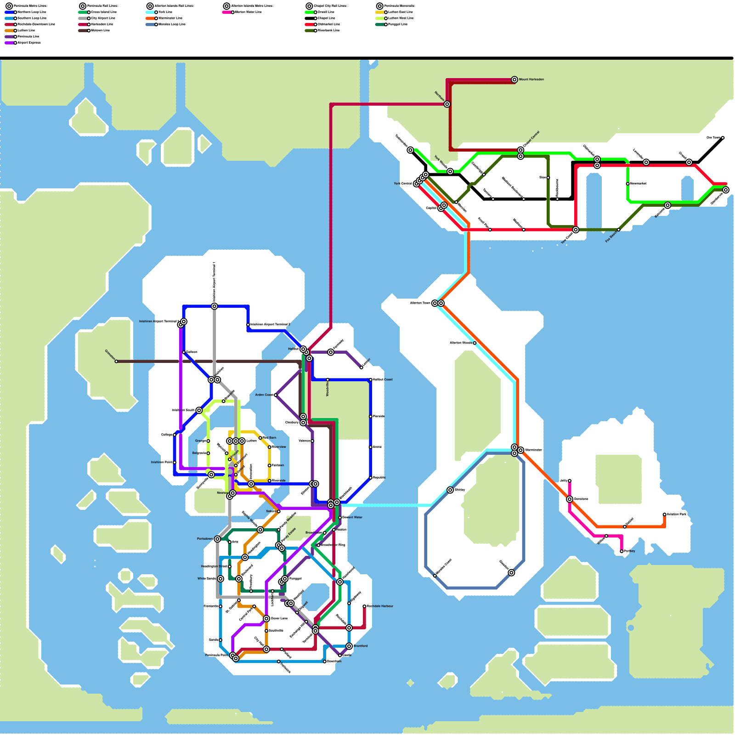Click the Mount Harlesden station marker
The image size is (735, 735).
(514, 79)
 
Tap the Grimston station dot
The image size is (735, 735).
(116, 362)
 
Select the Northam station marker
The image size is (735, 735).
(447, 104)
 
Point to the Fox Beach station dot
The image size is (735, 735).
(619, 230)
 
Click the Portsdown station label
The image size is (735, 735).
(205, 539)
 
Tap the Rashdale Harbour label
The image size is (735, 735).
(380, 606)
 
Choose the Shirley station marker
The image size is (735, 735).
(450, 490)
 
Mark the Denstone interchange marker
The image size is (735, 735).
(570, 499)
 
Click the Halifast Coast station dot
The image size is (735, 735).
(371, 380)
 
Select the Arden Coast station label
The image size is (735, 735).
(264, 395)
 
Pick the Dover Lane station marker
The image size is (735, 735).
(266, 619)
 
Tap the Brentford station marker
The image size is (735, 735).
(349, 646)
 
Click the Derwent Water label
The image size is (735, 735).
(352, 518)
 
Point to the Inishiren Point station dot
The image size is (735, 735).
(175, 463)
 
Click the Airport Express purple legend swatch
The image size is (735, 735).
(9, 43)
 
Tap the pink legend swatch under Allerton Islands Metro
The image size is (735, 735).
(227, 12)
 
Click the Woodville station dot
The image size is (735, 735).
(328, 380)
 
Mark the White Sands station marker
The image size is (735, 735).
(220, 579)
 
